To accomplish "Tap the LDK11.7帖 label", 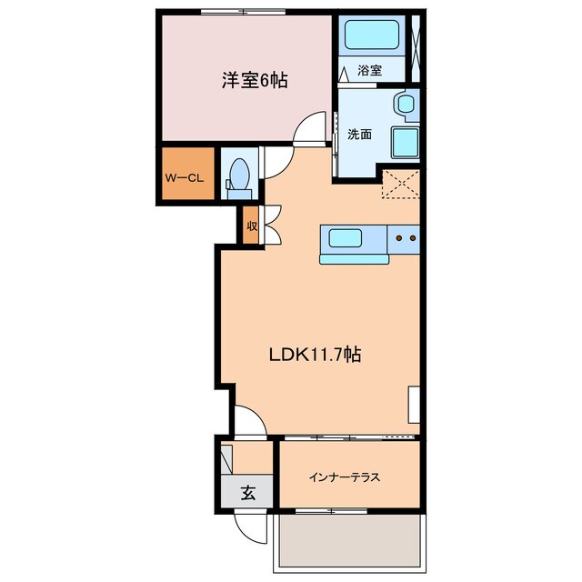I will click(x=315, y=356).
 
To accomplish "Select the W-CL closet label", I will click(x=184, y=177).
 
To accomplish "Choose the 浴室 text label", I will click(x=369, y=70).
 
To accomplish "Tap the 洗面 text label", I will click(x=359, y=135).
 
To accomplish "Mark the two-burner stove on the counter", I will click(x=405, y=239).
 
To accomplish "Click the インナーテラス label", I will click(x=344, y=477).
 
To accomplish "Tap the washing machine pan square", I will click(x=406, y=143).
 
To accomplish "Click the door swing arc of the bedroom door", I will click(x=312, y=126).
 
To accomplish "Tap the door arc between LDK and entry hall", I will click(x=248, y=421).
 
